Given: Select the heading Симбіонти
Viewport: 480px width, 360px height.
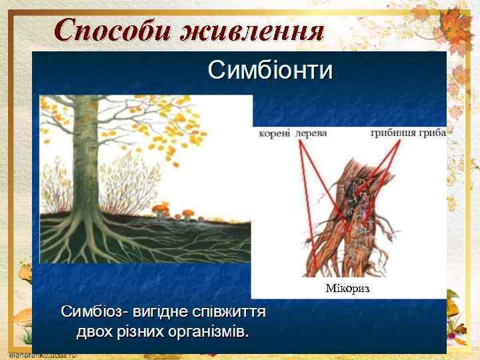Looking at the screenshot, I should [270, 70].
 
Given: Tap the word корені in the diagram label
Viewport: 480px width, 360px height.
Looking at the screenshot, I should [275, 133].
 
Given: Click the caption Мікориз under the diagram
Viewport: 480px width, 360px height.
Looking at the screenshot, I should [347, 289].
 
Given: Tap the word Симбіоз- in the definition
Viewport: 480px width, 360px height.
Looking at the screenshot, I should [94, 312].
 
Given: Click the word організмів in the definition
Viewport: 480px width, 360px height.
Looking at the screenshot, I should [209, 331].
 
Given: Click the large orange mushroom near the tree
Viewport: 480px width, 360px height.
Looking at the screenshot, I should [162, 210].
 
